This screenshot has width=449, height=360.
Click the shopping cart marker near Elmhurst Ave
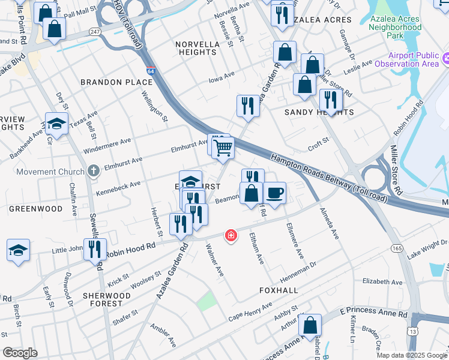point(224,147)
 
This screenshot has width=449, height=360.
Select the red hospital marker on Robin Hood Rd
point(230,236)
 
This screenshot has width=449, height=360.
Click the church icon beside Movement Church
point(93,172)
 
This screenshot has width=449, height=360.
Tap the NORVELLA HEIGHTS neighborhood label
point(196,48)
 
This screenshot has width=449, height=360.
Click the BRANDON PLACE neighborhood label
point(116,82)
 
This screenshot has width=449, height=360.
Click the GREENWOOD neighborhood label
point(36,209)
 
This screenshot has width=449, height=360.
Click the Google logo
point(20,353)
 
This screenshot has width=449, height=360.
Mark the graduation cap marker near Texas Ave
point(56,124)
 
